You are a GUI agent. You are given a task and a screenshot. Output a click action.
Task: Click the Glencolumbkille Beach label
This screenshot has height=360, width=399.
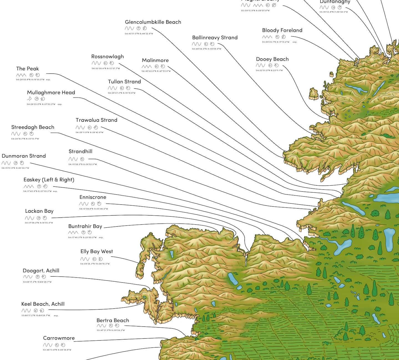[x=153, y=22]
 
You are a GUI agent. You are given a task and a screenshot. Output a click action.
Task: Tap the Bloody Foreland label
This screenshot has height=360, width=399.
[x=282, y=30]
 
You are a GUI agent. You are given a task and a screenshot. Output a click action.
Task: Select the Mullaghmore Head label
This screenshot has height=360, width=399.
[x=51, y=92]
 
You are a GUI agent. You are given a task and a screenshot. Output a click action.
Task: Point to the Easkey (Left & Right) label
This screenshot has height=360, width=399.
[x=49, y=180]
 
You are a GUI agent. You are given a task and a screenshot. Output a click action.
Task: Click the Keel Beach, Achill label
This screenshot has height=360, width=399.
[x=43, y=304]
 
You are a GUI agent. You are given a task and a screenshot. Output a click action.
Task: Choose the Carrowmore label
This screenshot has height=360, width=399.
[x=59, y=338]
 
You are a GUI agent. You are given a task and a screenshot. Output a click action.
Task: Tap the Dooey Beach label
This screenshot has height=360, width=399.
[x=272, y=59]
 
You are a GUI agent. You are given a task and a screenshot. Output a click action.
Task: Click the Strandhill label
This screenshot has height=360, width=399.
[x=80, y=151]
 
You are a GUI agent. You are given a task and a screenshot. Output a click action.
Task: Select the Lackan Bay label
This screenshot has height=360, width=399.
[x=39, y=211]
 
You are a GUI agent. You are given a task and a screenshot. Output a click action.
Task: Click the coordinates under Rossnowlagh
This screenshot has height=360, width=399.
[x=106, y=68]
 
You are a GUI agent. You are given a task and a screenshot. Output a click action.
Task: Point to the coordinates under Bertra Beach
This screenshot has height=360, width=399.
[x=111, y=330]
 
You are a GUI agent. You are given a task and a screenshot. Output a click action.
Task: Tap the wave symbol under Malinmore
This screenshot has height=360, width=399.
[x=147, y=67]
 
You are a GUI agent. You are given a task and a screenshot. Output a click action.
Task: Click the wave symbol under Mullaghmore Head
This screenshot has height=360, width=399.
[x=29, y=99]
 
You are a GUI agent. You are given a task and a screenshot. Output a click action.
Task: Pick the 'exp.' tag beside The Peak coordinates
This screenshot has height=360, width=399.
[x=48, y=80]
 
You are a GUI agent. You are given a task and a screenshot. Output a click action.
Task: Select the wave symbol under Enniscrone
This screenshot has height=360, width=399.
[x=84, y=204]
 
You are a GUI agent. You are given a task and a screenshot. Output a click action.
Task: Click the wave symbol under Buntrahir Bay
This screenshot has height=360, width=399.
[x=73, y=232]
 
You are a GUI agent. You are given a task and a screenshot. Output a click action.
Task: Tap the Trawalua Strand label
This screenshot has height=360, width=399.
[x=96, y=120]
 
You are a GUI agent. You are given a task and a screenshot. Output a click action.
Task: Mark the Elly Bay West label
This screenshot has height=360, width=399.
[x=97, y=252]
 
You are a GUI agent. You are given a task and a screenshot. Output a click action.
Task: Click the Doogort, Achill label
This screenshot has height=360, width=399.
[x=41, y=271]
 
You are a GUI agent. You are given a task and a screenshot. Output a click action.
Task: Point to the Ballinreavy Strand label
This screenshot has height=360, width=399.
[x=215, y=37]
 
